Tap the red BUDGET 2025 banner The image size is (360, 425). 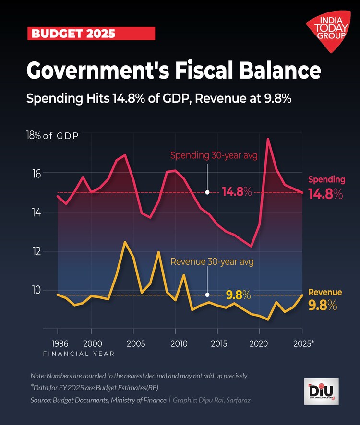[91, 34]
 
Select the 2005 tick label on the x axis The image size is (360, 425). [133, 344]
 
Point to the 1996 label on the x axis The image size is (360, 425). [58, 344]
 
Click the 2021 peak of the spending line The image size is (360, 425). [268, 139]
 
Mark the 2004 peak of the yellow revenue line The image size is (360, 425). [125, 242]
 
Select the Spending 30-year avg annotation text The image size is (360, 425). [214, 155]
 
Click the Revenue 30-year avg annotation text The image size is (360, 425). [212, 262]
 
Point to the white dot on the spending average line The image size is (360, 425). [207, 192]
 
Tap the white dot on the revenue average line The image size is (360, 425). [207, 295]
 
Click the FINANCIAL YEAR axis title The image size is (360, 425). [79, 354]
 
